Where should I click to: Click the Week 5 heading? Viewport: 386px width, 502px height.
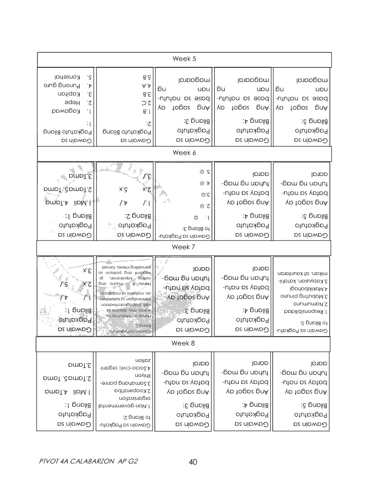click(x=184, y=59)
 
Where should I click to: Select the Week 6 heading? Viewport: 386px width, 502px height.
click(x=184, y=153)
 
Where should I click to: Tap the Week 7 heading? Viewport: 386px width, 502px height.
click(x=184, y=247)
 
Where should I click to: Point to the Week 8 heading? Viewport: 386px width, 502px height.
click(x=184, y=343)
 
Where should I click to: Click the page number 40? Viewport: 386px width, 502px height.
click(x=193, y=462)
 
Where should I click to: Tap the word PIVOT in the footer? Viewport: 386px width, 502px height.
click(x=50, y=462)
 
